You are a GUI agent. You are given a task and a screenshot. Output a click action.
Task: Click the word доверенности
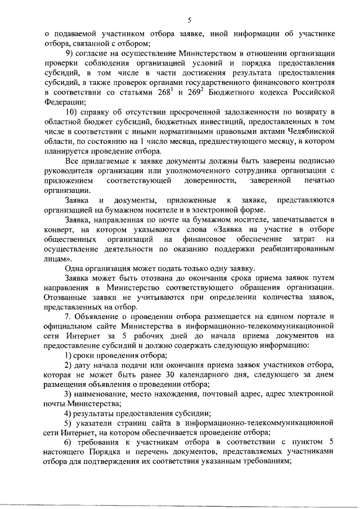209,180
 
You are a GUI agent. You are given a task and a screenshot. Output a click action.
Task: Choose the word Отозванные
66,297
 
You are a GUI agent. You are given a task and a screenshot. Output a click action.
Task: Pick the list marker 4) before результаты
69,415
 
